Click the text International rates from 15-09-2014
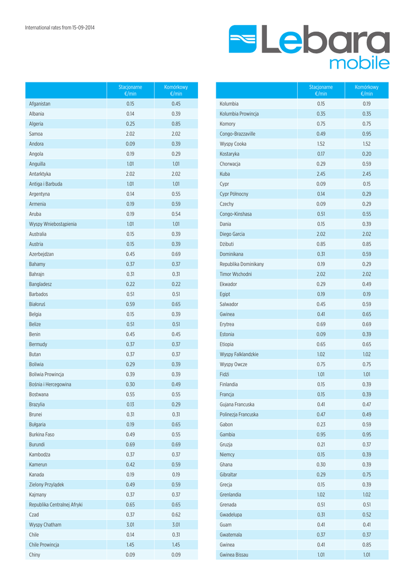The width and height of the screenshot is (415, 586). coord(60,27)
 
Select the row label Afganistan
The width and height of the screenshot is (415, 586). coord(39,104)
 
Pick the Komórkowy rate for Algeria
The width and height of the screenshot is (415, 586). coord(176,124)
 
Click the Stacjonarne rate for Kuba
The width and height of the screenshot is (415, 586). coord(321,174)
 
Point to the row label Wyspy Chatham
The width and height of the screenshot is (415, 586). coord(45,525)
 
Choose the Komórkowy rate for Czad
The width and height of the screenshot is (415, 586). coord(176,514)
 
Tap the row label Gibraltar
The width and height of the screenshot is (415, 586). coord(228,474)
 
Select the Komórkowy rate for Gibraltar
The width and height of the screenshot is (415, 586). coord(366,474)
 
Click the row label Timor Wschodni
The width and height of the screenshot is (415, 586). coord(235,274)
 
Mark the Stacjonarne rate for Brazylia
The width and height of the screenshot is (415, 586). coord(130,405)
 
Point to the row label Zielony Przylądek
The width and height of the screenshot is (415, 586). coord(46,485)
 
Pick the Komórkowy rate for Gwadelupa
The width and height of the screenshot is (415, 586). coord(366,514)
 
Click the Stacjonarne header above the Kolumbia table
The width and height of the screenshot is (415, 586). coord(321,90)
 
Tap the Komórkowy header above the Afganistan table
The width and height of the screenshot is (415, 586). coord(176,90)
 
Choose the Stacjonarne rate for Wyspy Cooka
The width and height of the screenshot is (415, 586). coord(321,144)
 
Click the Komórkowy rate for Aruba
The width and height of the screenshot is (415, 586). coord(176,214)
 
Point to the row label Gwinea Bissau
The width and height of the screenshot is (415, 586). coord(234,555)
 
